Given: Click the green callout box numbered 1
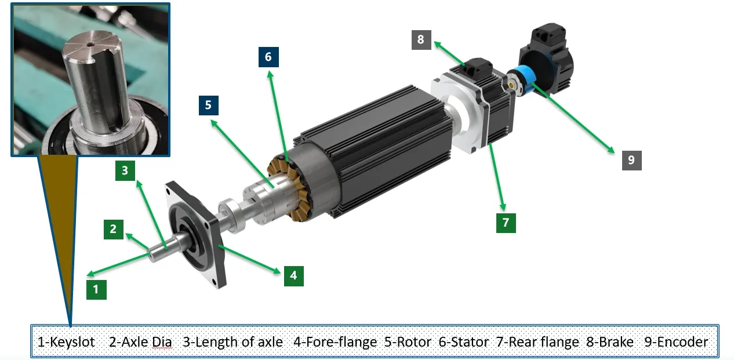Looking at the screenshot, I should coord(96,290).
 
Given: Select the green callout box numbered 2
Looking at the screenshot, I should coord(114,229).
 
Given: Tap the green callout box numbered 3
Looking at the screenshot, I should coord(125,171).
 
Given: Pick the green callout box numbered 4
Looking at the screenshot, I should coord(293,276).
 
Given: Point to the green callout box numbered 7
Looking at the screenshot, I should coord(506,223).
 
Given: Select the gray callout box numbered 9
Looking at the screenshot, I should coord(632,160).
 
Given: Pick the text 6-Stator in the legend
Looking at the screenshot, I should coord(463,342).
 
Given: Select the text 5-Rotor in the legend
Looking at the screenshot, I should coord(408,342).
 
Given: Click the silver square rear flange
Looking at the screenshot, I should coord(458,116).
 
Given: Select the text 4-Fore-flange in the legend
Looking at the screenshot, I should coord(335,342).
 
